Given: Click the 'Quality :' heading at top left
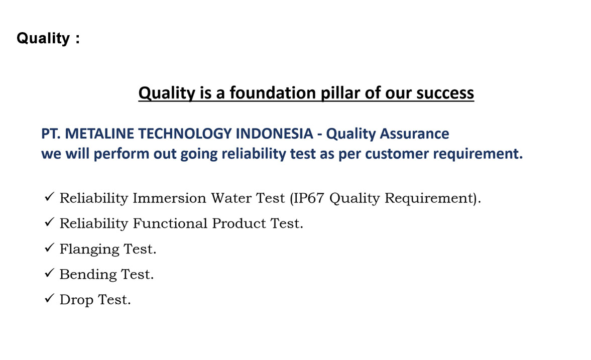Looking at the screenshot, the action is [48, 38].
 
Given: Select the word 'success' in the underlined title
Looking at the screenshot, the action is [445, 93].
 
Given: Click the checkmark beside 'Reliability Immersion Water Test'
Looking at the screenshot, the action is [49, 197].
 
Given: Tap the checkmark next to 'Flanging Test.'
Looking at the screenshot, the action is [49, 248].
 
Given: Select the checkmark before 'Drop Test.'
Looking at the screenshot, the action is [49, 299].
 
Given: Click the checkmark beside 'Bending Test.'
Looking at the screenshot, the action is [49, 273].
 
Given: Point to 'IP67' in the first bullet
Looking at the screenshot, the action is [308, 198].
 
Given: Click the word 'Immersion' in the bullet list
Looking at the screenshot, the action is [169, 198].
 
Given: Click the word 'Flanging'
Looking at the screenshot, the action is [89, 250].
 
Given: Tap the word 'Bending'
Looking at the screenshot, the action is [88, 275].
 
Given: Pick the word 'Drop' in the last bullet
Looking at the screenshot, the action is [76, 300].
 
